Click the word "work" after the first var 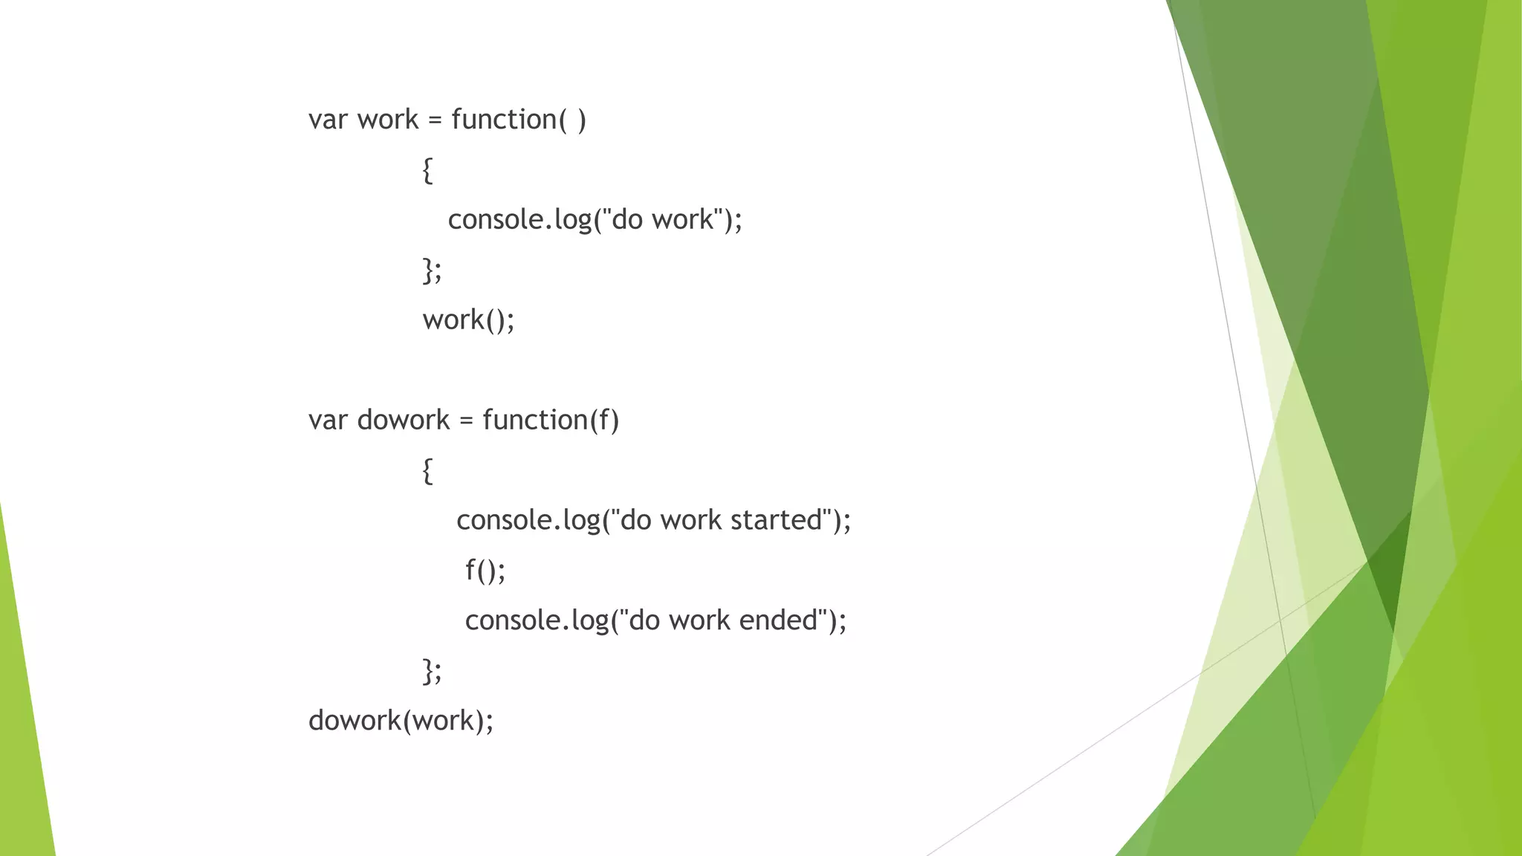(x=388, y=120)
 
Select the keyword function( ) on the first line (x=518, y=120)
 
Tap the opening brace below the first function (x=427, y=170)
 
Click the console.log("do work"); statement (x=595, y=220)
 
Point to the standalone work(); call (x=468, y=320)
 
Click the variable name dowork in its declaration (x=404, y=421)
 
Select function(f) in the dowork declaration (x=550, y=421)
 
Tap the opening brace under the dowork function (x=427, y=470)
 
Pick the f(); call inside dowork (x=485, y=571)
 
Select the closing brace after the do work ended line (x=428, y=670)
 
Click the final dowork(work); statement (x=401, y=721)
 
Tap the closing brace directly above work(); (x=428, y=270)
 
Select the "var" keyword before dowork (x=328, y=421)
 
